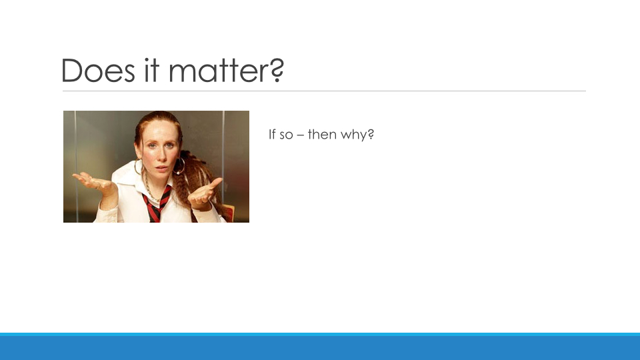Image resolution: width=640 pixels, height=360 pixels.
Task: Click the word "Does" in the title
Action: (x=98, y=71)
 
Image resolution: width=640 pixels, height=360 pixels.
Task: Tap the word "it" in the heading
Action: (x=151, y=70)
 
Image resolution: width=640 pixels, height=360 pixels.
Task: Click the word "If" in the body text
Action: (x=272, y=134)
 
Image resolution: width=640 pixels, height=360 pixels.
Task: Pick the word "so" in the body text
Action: (x=287, y=135)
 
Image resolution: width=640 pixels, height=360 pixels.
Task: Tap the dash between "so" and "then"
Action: (x=301, y=135)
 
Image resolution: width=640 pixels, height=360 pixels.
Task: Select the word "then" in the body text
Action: (x=322, y=134)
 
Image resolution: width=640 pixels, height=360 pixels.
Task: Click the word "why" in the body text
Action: (x=353, y=135)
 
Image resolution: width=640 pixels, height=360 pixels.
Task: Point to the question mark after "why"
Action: (x=371, y=134)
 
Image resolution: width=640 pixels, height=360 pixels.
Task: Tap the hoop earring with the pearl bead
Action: (x=179, y=167)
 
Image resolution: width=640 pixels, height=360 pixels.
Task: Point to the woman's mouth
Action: (x=161, y=167)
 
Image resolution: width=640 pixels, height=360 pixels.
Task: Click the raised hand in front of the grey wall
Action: (x=93, y=183)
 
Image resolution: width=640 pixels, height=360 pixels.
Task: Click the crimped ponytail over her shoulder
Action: (x=199, y=179)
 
